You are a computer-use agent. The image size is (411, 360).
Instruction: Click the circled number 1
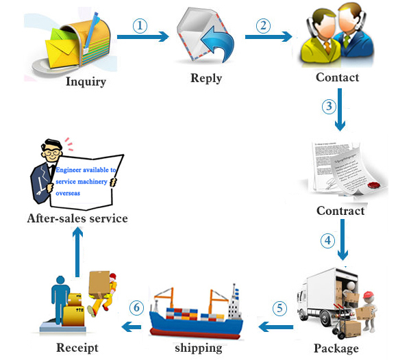click(140, 26)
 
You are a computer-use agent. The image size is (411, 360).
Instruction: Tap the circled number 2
click(263, 26)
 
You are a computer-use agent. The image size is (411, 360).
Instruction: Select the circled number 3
click(329, 107)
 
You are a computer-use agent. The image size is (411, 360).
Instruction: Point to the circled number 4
click(329, 241)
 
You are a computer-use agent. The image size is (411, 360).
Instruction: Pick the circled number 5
click(279, 308)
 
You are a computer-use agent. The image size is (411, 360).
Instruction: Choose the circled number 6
click(137, 308)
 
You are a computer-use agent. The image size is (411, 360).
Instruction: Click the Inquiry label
click(86, 83)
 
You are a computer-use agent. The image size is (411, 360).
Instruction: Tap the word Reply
click(206, 78)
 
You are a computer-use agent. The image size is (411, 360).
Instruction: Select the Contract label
click(340, 210)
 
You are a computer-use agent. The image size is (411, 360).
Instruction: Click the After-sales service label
click(77, 219)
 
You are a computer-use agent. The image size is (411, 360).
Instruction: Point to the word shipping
click(199, 348)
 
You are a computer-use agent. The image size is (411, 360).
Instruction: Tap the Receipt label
click(77, 348)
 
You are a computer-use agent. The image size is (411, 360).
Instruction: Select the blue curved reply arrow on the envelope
click(216, 46)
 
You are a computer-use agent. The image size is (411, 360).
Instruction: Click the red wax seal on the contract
click(373, 185)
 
